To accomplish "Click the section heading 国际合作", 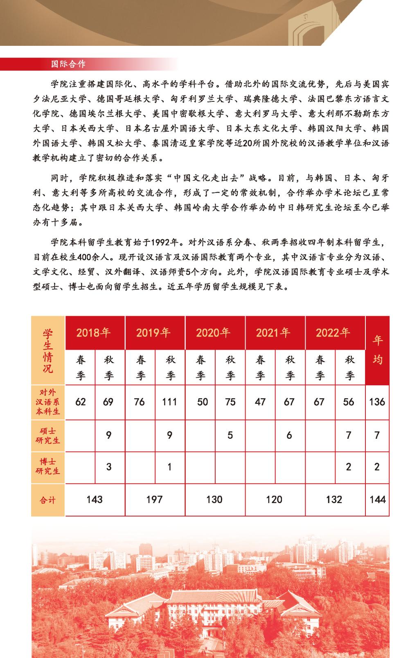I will pos(68,64).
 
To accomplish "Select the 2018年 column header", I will pos(94,332).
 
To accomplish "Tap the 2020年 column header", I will pos(213,332).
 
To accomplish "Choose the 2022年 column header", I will pos(333,332).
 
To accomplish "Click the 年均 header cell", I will pos(377,350).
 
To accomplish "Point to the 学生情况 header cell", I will pos(48,350).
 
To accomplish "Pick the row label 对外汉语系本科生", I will pos(48,402).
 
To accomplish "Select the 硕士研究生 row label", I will pos(48,436).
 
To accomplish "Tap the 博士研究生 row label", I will pos(48,467).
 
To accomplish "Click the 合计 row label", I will pos(48,500).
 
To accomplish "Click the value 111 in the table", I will pos(169,402).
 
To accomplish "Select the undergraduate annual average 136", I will pos(377,402).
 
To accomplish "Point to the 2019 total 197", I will pos(154,499).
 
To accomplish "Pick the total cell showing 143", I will pos(95,499).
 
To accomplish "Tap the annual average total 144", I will pos(377,499).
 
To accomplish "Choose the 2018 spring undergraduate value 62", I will pos(81,402).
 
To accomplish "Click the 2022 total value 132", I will pos(334,499).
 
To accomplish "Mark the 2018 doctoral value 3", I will pos(108,467).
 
